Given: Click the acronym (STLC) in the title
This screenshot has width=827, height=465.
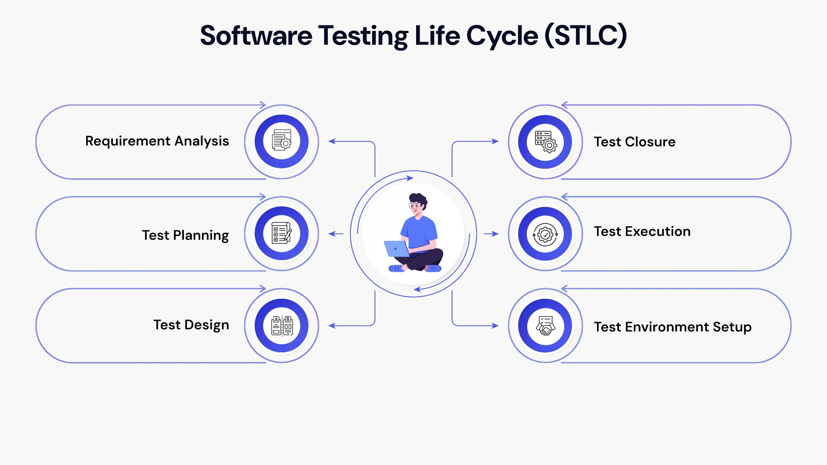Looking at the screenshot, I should coord(586,36).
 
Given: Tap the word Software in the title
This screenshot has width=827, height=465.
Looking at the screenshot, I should coord(256,36).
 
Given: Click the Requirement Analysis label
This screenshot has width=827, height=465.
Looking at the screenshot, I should coord(157,141).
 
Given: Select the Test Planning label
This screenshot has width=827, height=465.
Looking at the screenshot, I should coord(185,235).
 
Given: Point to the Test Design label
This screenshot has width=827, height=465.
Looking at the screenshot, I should coord(191,325).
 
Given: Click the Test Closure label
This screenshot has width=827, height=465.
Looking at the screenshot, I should coord(634,142).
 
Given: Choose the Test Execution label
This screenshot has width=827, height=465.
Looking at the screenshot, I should coord(642,232).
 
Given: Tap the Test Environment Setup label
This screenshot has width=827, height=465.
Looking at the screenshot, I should coord(672,327).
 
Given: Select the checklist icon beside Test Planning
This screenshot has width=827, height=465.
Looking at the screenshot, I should coord(282,233).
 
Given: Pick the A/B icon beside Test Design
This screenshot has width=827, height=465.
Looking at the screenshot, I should coord(282,325).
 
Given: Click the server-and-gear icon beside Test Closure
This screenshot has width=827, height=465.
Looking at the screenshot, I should coord(545,142).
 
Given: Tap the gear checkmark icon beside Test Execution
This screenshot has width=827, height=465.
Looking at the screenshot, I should coord(545,234).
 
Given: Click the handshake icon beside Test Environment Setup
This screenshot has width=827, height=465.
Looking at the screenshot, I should coord(545,326).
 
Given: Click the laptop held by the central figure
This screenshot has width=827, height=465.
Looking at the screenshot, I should coord(397,249).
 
